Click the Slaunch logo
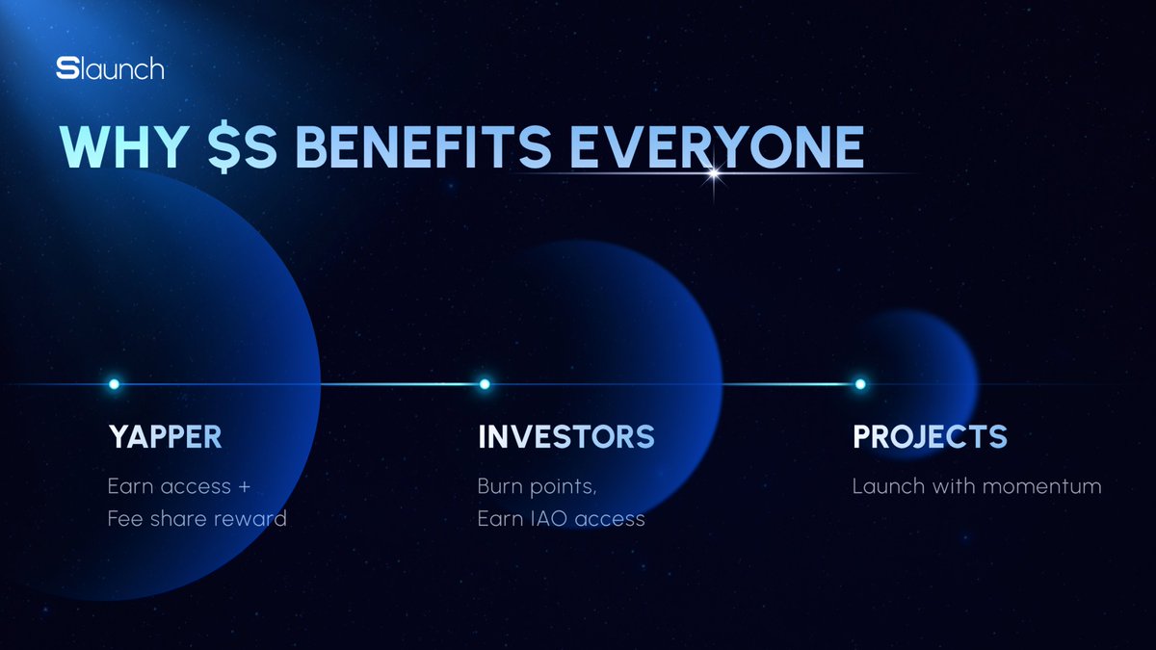click(x=110, y=69)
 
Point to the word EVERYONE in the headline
click(x=714, y=147)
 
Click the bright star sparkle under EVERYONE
click(x=714, y=174)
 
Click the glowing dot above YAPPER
click(x=114, y=384)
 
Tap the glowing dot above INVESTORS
click(x=485, y=384)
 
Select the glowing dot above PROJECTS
click(x=860, y=384)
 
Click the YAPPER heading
click(x=165, y=437)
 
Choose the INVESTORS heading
click(x=565, y=437)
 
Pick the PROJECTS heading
click(x=930, y=437)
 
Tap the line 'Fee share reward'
click(x=197, y=519)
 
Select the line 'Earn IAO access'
click(x=561, y=519)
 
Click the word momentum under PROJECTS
click(x=1039, y=486)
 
